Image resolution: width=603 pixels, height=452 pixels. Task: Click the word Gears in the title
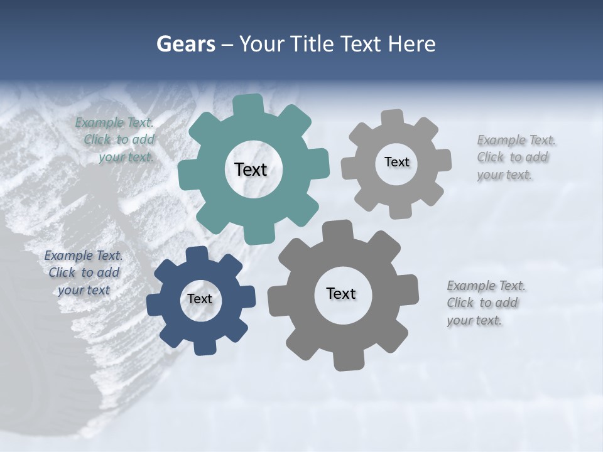(x=185, y=44)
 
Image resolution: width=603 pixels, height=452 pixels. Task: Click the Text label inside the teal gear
(x=251, y=169)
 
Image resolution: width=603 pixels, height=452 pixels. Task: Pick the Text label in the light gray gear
(x=396, y=162)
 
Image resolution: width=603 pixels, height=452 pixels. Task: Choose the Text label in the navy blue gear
(x=200, y=299)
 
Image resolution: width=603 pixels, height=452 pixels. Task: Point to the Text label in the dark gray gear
(x=341, y=293)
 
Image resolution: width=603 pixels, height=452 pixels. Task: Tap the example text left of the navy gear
(x=84, y=273)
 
